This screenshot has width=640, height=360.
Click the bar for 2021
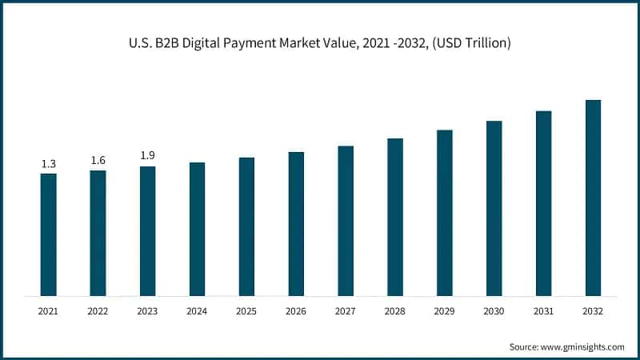point(49,234)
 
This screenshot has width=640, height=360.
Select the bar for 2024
point(197,229)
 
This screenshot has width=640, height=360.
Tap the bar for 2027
point(346,221)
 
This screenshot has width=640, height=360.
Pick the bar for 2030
point(494,208)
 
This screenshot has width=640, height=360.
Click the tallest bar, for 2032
point(593,198)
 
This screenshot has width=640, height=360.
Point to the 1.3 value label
point(49,164)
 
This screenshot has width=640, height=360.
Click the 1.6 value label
point(98,161)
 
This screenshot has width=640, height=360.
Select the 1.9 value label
point(147,156)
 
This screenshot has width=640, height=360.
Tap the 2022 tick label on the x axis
point(98,310)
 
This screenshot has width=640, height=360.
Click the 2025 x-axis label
point(246,310)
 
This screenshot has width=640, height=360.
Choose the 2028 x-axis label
point(395,310)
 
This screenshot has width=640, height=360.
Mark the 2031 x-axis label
point(543,310)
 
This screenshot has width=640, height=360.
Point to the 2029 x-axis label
point(445,310)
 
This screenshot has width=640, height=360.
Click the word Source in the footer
point(526,346)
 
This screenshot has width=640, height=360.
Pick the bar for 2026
point(296,224)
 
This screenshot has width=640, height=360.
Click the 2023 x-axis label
point(147,310)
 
